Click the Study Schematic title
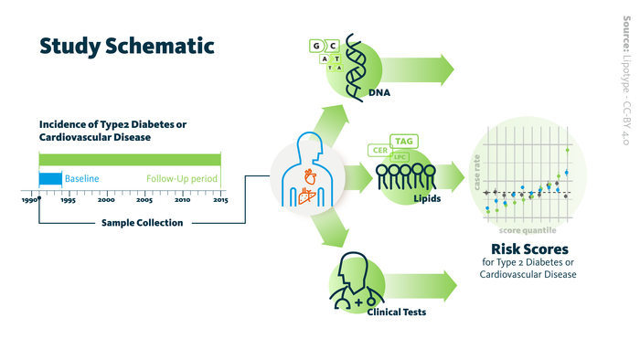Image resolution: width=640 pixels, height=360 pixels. pyautogui.click(x=127, y=47)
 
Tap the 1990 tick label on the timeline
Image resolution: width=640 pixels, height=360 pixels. pyautogui.click(x=29, y=200)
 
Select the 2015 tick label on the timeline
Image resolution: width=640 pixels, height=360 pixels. pyautogui.click(x=220, y=200)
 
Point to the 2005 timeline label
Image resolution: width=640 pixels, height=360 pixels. pyautogui.click(x=144, y=200)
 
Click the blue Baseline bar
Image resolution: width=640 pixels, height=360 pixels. pyautogui.click(x=50, y=178)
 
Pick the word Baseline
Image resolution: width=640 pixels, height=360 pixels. pyautogui.click(x=81, y=178)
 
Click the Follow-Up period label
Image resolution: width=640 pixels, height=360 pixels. pyautogui.click(x=182, y=178)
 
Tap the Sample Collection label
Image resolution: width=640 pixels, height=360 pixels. pyautogui.click(x=142, y=223)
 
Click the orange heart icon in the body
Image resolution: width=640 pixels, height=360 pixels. pyautogui.click(x=310, y=176)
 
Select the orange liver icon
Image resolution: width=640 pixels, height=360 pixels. pyautogui.click(x=307, y=196)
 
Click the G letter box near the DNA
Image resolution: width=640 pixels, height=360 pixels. pyautogui.click(x=316, y=46)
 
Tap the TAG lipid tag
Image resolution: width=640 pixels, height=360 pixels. pyautogui.click(x=404, y=141)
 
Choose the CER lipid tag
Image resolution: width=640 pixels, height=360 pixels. pyautogui.click(x=380, y=150)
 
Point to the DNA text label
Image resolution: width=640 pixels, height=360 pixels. pyautogui.click(x=379, y=92)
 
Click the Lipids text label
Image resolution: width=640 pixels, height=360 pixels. pyautogui.click(x=427, y=198)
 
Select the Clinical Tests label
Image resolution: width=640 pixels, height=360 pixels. pyautogui.click(x=396, y=312)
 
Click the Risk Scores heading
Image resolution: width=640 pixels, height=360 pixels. pyautogui.click(x=529, y=249)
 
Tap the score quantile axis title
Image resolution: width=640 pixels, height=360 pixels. pyautogui.click(x=528, y=230)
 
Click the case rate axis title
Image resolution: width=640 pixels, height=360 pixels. pyautogui.click(x=476, y=173)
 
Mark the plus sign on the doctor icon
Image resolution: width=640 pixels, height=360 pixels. pyautogui.click(x=358, y=302)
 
